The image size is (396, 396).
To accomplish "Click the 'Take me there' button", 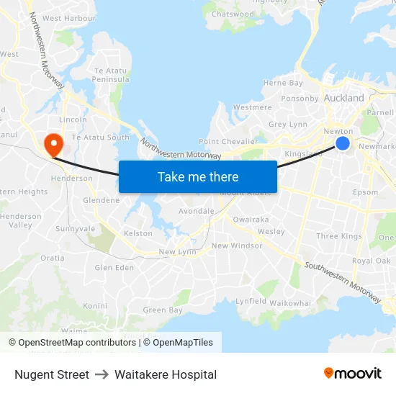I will [x=197, y=176].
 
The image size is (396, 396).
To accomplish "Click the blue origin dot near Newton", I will [x=343, y=144].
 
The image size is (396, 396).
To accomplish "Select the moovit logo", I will [x=353, y=374].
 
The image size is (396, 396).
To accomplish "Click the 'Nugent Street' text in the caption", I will [x=52, y=374].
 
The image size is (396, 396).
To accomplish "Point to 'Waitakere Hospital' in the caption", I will [x=166, y=374].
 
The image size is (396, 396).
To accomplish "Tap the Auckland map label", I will [x=344, y=97].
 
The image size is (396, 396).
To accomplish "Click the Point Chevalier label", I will [x=228, y=142].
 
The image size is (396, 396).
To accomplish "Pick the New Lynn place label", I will [x=177, y=252].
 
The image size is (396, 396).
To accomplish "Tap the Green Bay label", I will [x=162, y=310].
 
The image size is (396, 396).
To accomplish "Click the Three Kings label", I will [x=338, y=236].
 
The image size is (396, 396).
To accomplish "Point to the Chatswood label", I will [x=233, y=14].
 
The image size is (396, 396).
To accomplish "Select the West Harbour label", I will [x=69, y=18].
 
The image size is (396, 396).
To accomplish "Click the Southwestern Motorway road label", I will [x=343, y=282].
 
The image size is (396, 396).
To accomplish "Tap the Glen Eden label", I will [x=114, y=268].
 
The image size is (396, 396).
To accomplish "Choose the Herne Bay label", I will [x=283, y=84].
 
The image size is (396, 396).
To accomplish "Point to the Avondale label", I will [x=197, y=212].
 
